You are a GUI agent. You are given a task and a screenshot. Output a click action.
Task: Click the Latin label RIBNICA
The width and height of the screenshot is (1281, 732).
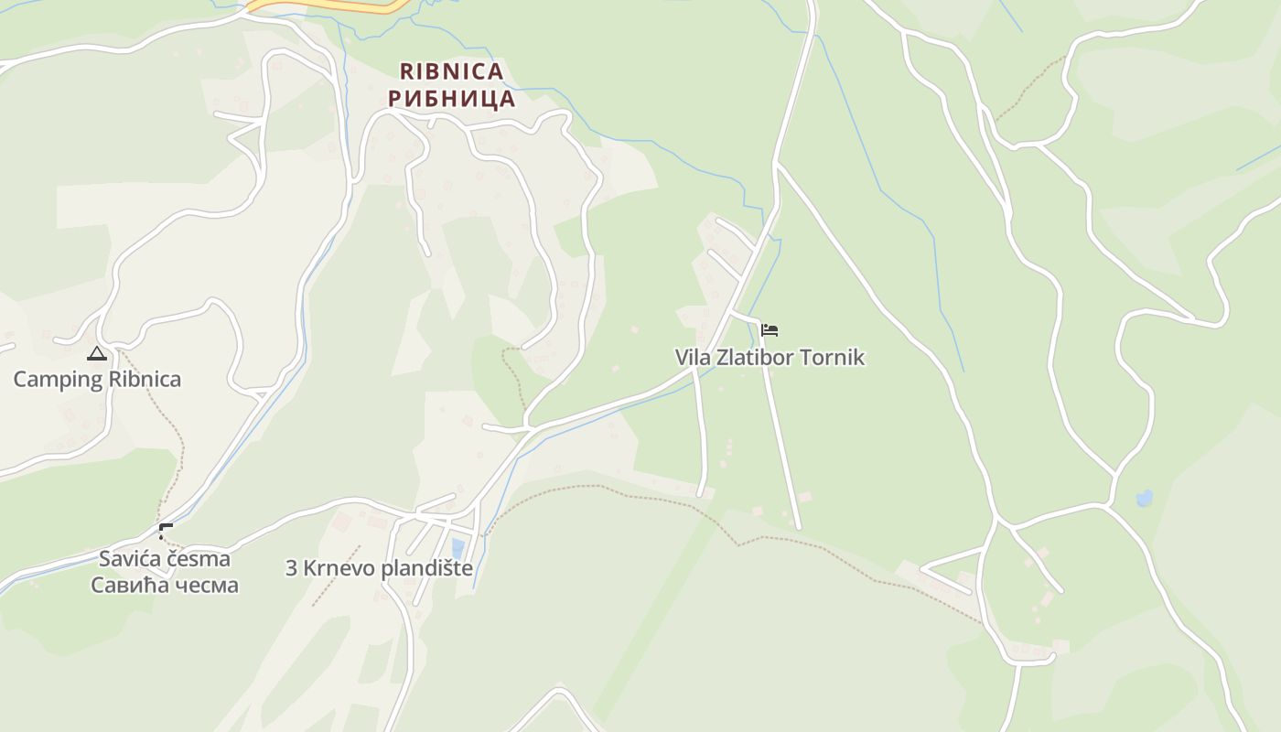tap(451, 71)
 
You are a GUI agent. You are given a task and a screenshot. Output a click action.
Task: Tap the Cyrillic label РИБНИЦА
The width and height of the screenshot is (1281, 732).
tap(451, 98)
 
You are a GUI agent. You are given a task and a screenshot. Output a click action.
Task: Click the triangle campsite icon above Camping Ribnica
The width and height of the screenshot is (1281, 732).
tap(97, 353)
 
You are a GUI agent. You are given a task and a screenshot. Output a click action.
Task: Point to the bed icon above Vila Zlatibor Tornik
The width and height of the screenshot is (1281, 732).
tap(770, 329)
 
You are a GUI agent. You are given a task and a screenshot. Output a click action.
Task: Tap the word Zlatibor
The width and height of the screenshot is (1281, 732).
tap(752, 357)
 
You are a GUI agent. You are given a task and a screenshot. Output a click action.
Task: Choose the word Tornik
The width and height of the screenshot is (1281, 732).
tap(832, 357)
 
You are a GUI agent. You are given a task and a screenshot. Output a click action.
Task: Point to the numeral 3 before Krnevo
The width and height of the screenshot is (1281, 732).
tap(292, 568)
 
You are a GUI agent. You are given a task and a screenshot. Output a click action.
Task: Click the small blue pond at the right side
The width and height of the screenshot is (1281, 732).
tap(1144, 499)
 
